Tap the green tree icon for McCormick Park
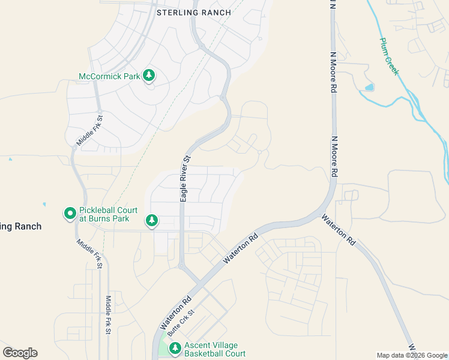(149, 76)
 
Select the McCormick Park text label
(109, 76)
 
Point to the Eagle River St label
(186, 179)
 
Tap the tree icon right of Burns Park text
(152, 221)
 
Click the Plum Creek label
(389, 56)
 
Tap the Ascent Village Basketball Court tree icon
(175, 348)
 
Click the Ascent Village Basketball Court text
(215, 349)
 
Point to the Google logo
(20, 353)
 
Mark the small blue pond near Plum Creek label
(369, 88)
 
